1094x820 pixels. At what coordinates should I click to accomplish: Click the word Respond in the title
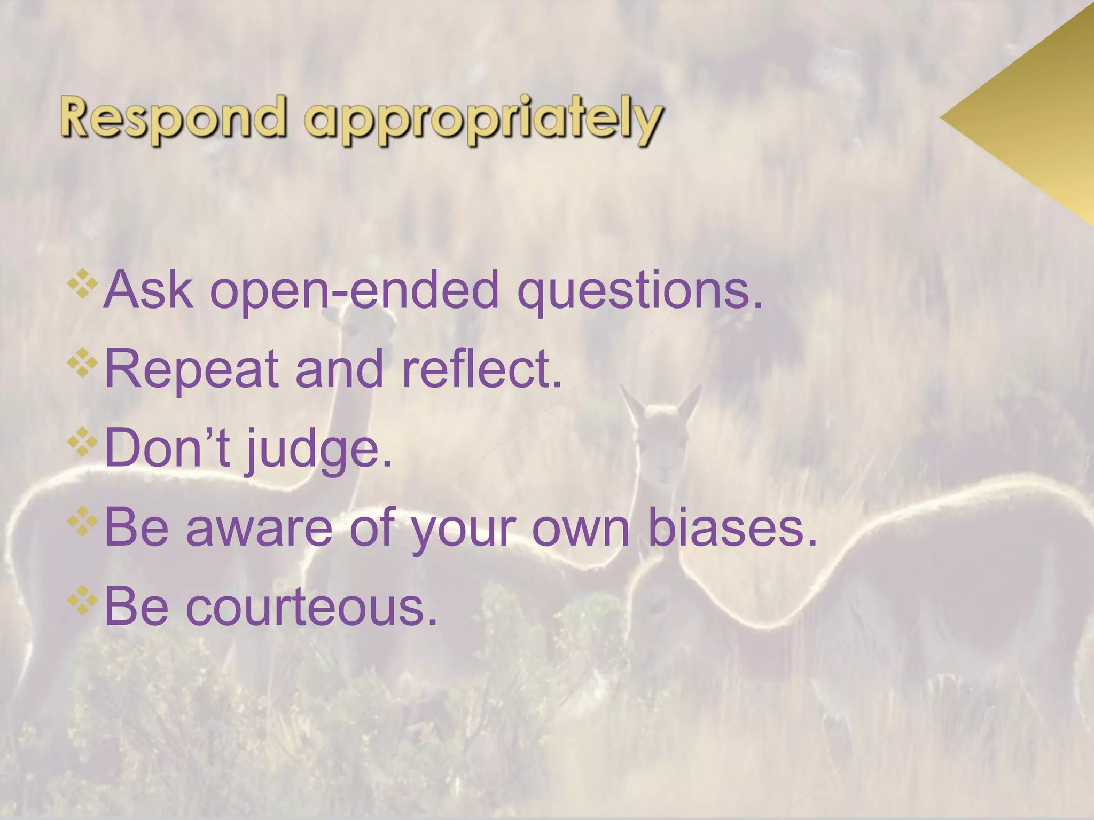[x=172, y=116]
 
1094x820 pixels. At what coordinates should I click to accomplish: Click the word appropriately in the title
[x=484, y=120]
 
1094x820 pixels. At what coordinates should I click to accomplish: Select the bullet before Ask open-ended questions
[x=82, y=283]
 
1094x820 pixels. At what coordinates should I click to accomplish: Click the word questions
[x=640, y=291]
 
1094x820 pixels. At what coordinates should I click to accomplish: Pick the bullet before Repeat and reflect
[x=82, y=362]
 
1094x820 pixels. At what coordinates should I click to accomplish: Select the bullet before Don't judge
[x=82, y=441]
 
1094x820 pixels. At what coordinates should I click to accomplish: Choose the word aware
[x=259, y=529]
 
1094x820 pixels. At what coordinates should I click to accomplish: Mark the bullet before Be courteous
[x=82, y=600]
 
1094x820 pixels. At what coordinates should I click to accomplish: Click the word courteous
[x=311, y=608]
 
